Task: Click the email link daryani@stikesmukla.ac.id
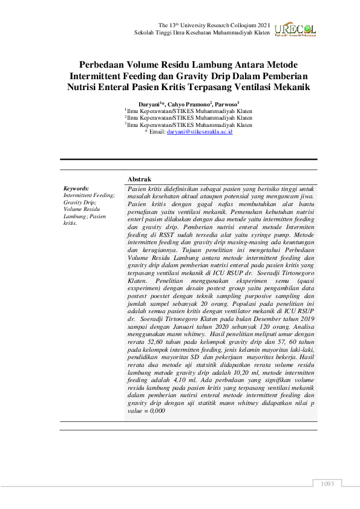199,131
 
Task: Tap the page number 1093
327,484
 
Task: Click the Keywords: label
76,189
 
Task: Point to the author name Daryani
148,103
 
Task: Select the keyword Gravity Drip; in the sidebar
80,203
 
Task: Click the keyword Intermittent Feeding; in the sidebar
89,195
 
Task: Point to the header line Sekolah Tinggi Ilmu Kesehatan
175,31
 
